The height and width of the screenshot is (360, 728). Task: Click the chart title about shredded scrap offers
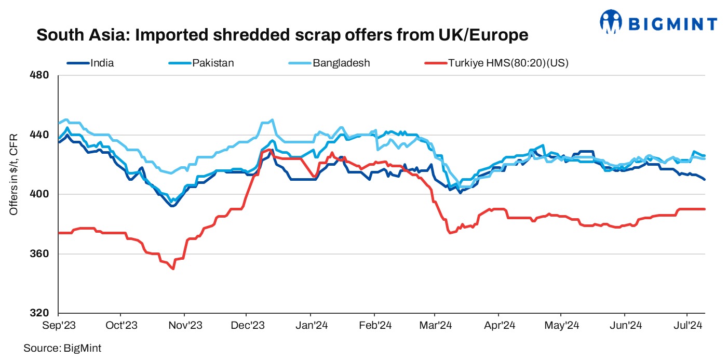click(282, 35)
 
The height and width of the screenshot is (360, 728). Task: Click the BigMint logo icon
click(611, 22)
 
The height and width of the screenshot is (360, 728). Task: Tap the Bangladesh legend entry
click(341, 63)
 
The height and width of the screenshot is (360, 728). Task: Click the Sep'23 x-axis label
click(59, 326)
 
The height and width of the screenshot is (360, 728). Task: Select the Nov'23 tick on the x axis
click(184, 326)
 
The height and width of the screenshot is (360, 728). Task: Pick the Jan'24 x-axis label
click(311, 326)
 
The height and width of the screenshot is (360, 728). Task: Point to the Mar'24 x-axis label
click(435, 326)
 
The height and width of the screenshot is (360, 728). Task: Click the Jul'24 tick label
click(687, 326)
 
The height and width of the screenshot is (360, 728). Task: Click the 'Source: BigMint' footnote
click(62, 348)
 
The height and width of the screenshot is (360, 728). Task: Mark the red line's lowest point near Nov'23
click(172, 269)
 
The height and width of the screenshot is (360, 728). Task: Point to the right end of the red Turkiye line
click(704, 209)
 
